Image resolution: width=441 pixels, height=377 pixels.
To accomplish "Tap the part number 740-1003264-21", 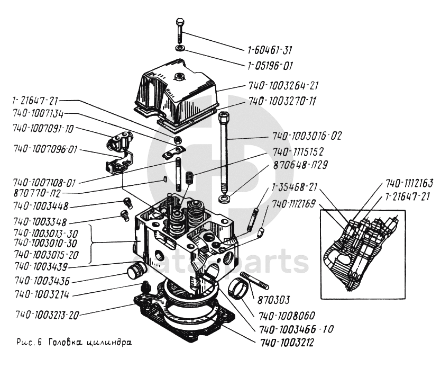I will click(x=283, y=86).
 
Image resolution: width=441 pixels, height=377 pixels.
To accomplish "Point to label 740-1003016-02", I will click(x=307, y=136).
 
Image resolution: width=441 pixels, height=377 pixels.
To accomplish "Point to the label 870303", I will click(x=273, y=300).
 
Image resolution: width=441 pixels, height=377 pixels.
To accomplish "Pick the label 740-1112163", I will click(x=409, y=184).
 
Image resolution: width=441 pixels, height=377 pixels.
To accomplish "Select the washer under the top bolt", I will click(x=180, y=49).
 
